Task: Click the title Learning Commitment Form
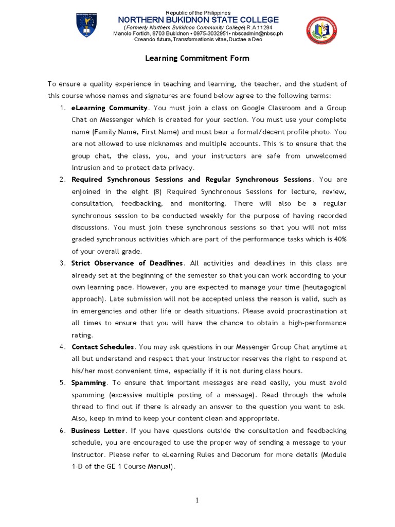(x=197, y=58)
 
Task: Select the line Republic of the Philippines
(x=197, y=12)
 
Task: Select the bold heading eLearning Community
(x=110, y=108)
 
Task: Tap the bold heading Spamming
(x=89, y=382)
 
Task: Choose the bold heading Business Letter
(x=98, y=430)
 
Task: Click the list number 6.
(x=61, y=430)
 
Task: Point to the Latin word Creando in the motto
(x=145, y=39)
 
